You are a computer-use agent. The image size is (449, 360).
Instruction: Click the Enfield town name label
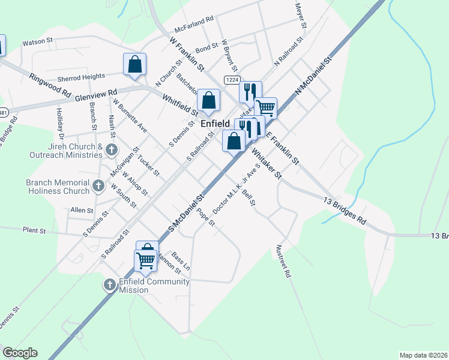click(215, 122)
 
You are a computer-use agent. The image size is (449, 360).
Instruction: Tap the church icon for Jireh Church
click(111, 149)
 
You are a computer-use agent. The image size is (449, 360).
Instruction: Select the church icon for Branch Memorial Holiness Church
click(100, 185)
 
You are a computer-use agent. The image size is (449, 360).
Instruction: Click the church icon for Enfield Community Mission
click(110, 285)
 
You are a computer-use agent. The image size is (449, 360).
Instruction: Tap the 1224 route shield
click(232, 80)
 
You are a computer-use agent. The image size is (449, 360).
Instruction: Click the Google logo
click(20, 353)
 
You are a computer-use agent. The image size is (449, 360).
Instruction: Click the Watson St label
click(38, 43)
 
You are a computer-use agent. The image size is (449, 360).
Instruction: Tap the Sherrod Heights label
click(81, 77)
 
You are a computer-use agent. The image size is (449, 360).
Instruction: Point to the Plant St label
click(34, 230)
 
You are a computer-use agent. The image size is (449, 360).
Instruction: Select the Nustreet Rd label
click(283, 260)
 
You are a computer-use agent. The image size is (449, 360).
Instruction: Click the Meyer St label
click(300, 17)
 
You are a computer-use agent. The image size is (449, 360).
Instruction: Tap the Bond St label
click(206, 46)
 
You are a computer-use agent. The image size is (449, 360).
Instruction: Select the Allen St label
click(82, 211)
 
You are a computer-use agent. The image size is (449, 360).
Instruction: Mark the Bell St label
click(248, 197)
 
